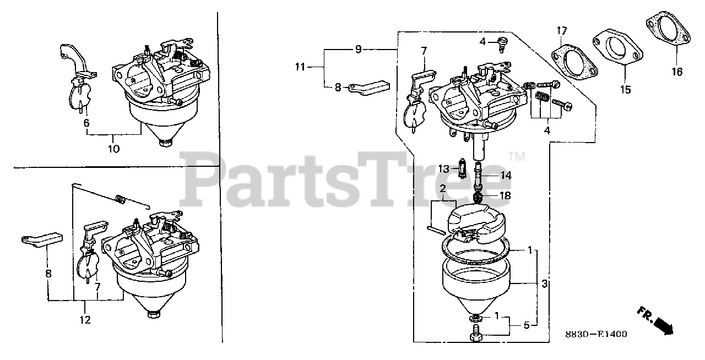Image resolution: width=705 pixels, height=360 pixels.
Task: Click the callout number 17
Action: coord(561,30)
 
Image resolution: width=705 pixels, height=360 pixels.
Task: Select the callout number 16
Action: coord(676,72)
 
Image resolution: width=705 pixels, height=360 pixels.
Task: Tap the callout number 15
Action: coord(626,89)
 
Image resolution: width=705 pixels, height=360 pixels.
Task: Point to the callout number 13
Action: coord(444,168)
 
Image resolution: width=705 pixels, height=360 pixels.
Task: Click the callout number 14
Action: coord(506,176)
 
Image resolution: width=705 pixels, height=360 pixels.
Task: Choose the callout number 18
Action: coord(504,195)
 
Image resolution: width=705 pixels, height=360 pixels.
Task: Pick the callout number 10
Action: coord(114,149)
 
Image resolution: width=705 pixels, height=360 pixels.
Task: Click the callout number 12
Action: coord(85,320)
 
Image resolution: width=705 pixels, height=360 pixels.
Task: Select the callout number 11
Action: coord(300,68)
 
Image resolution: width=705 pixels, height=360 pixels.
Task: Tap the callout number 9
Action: coord(358,50)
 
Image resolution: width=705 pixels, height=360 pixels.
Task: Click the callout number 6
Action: coord(86,123)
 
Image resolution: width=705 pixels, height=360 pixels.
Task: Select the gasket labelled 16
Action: coord(668,32)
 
